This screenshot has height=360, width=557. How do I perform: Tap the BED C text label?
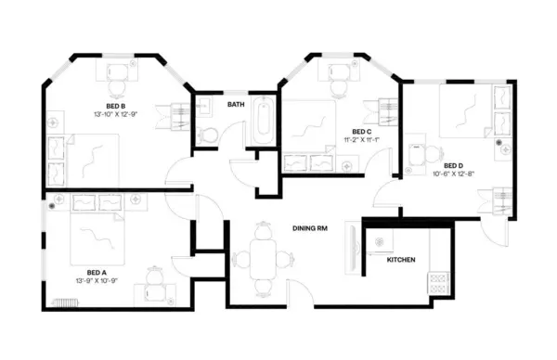[361, 132]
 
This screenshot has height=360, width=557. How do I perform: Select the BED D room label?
[453, 165]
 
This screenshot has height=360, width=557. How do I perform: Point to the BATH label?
[236, 105]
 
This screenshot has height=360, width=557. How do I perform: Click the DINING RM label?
[310, 227]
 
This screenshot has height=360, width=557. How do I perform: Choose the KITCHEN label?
[401, 260]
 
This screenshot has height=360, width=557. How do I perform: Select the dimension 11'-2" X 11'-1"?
[361, 140]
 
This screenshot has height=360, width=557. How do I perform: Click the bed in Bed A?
[95, 239]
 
